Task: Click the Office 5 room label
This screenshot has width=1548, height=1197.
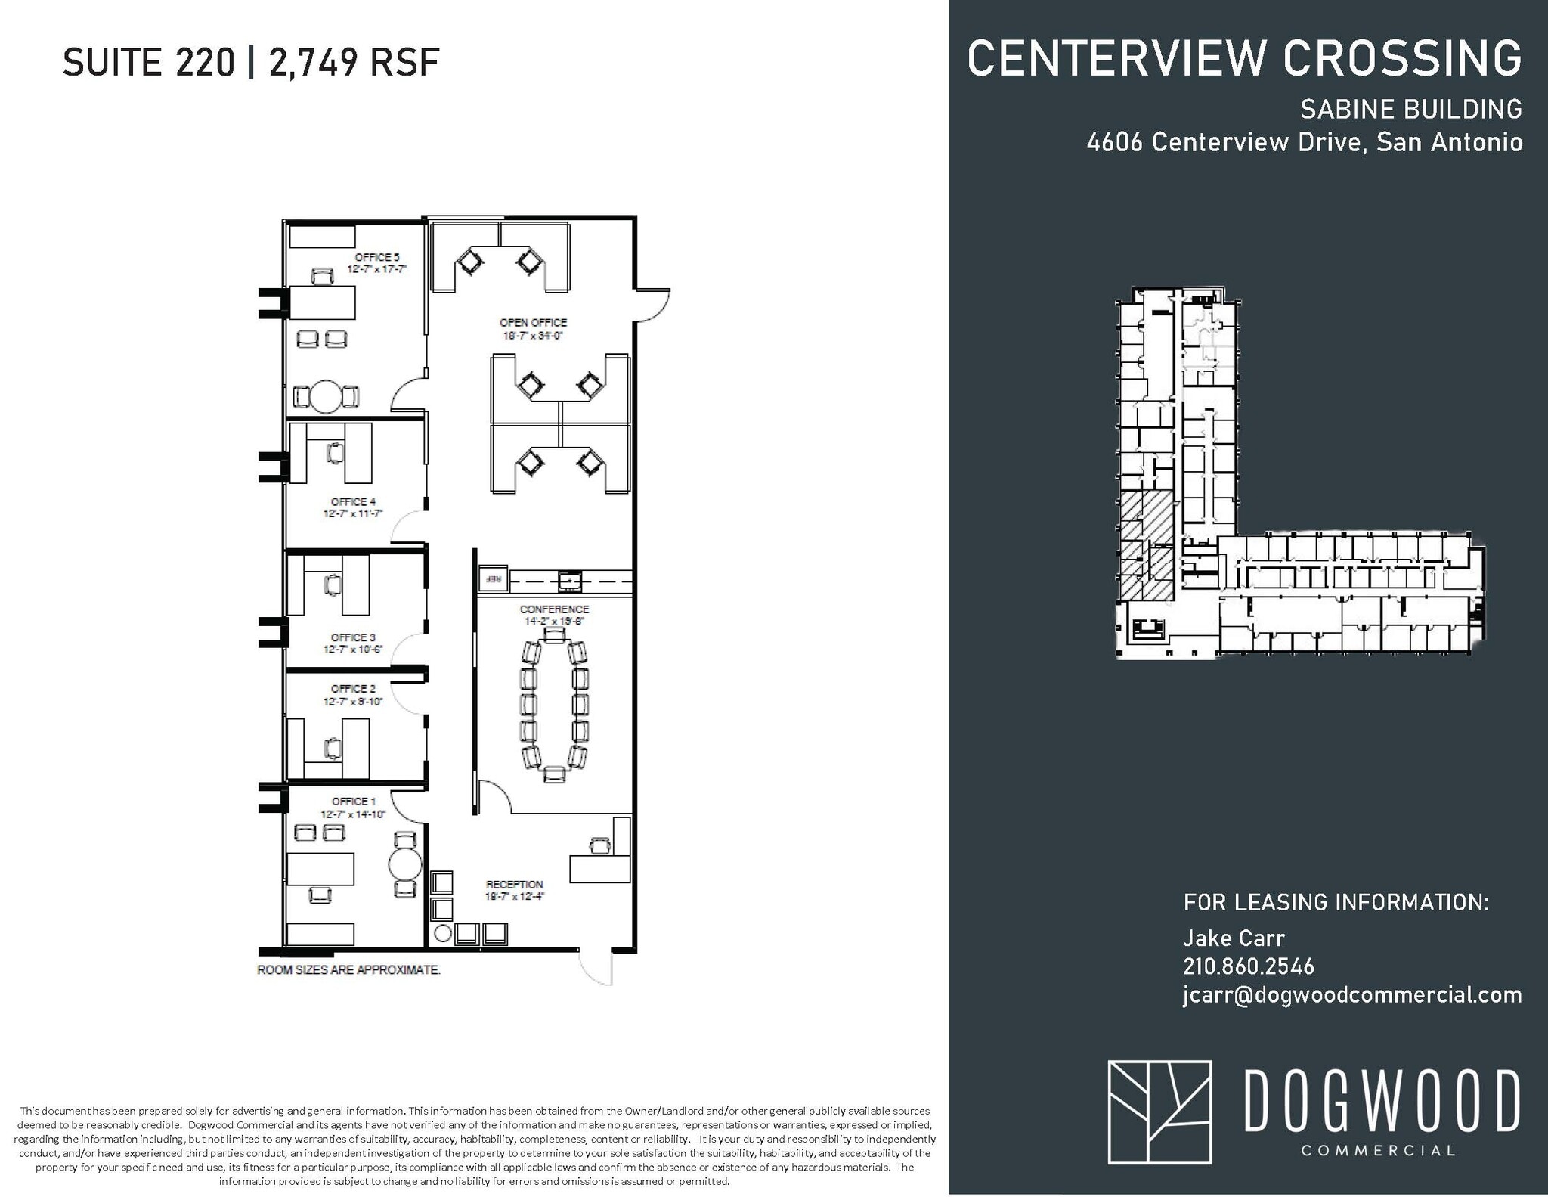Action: click(x=376, y=258)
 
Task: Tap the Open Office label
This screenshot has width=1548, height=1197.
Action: click(x=533, y=323)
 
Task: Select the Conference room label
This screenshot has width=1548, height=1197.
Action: click(x=554, y=609)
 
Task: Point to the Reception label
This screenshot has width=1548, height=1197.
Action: click(x=514, y=885)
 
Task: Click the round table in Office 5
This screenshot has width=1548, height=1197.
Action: click(x=327, y=396)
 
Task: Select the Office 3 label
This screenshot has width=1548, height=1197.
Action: click(x=353, y=637)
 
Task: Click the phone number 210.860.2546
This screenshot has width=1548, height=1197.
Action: click(x=1248, y=966)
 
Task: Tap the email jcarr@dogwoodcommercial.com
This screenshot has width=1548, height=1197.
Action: click(x=1351, y=995)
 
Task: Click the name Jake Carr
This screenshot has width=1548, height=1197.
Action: click(x=1234, y=938)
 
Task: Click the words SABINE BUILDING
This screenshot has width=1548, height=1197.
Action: click(x=1410, y=110)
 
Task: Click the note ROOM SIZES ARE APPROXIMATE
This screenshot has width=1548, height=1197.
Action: click(x=348, y=970)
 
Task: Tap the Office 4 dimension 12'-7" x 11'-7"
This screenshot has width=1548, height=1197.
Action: click(x=353, y=513)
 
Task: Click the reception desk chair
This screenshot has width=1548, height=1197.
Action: click(x=600, y=845)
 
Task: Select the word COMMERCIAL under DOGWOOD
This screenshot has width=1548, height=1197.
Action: click(x=1378, y=1151)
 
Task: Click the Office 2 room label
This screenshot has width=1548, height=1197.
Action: click(x=353, y=689)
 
